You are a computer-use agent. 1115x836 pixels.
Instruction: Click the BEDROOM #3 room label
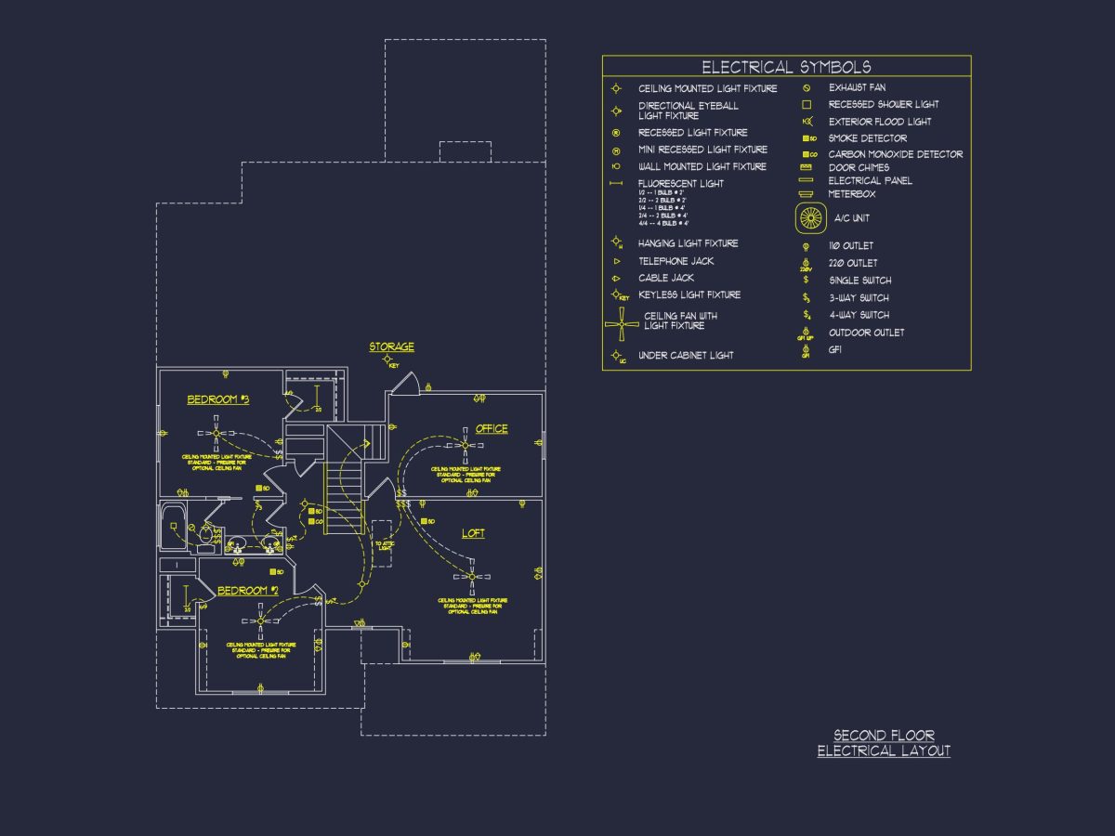218,399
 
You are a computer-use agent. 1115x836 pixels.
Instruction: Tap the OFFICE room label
492,428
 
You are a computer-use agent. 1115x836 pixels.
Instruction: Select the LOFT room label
473,533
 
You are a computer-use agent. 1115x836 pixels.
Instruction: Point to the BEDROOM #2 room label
248,591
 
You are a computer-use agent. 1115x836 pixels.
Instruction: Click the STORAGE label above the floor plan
391,346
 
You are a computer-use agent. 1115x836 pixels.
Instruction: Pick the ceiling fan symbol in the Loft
472,577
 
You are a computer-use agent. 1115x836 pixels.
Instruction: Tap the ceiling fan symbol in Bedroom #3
216,433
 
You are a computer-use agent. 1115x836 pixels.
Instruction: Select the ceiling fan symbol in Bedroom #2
260,620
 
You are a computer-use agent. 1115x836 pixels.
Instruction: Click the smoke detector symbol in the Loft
424,522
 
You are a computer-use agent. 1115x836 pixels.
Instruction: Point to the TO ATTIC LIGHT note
384,545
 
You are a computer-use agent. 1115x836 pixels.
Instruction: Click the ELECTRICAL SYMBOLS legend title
786,67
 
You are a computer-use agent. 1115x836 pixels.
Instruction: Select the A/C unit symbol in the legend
811,218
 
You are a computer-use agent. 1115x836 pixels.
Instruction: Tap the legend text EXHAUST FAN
857,87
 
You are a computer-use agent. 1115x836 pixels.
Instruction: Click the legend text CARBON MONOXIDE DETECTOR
895,154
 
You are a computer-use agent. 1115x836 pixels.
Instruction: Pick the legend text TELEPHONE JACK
676,261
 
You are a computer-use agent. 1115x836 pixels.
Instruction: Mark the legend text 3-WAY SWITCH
859,298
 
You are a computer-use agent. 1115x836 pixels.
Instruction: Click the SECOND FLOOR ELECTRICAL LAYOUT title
884,743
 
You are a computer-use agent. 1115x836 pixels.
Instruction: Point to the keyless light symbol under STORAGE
388,359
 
